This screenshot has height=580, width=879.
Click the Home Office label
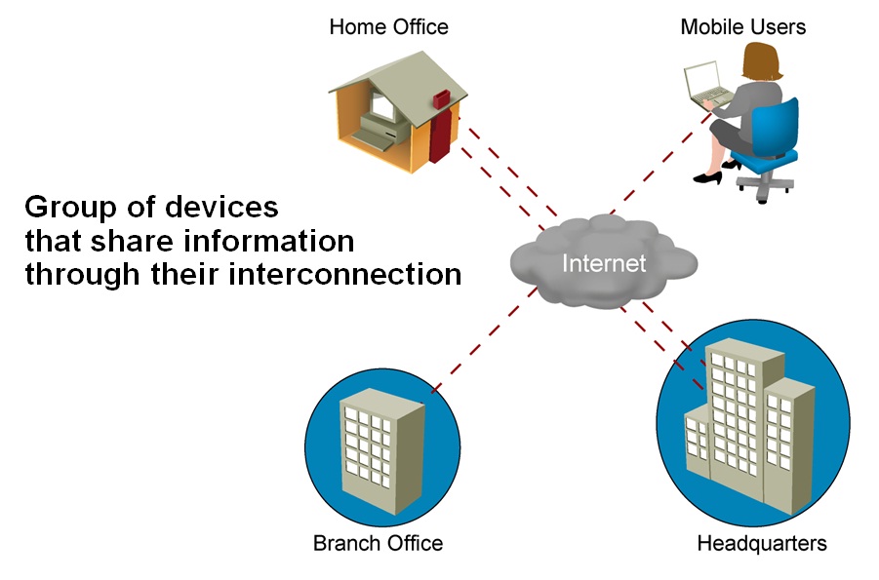(388, 26)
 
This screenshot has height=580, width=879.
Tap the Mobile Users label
(742, 26)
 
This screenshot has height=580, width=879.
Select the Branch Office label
(378, 543)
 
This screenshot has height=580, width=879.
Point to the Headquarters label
(761, 543)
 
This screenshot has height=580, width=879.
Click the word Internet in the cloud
(604, 263)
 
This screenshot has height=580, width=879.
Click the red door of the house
(440, 127)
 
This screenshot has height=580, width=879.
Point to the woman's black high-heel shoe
(707, 177)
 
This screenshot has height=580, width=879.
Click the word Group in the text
(61, 209)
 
